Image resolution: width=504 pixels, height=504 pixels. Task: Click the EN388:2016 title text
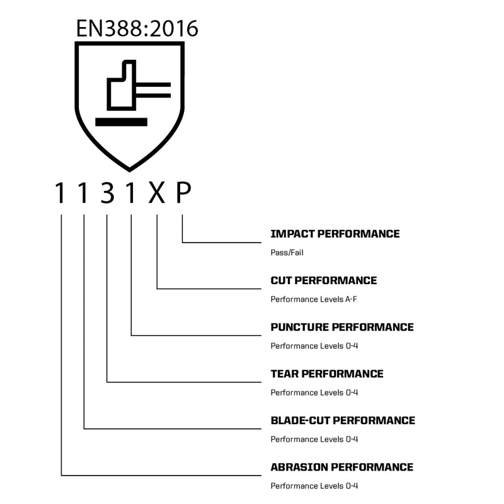[137, 28]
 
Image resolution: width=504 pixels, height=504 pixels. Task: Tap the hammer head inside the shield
[122, 85]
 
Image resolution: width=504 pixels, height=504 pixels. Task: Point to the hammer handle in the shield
[153, 90]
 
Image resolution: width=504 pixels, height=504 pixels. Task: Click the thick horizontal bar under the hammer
[121, 122]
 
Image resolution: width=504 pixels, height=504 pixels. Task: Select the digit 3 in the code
[107, 193]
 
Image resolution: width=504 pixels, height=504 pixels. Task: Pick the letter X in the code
[156, 193]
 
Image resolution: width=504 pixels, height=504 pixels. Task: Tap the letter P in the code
[183, 193]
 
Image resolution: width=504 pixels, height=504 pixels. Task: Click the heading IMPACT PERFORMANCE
[335, 234]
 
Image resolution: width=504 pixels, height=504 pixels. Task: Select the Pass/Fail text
[287, 253]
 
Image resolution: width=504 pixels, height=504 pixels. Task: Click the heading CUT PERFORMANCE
[324, 280]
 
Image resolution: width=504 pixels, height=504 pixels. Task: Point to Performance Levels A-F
[314, 299]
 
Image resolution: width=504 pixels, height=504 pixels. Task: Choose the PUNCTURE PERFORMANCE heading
[342, 327]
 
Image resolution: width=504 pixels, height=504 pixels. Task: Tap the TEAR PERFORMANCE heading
[327, 374]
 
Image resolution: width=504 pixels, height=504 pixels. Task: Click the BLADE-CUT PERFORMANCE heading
[343, 420]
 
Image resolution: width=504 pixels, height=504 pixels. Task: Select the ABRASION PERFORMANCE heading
[342, 467]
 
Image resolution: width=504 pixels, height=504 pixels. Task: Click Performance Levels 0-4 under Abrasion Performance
[314, 486]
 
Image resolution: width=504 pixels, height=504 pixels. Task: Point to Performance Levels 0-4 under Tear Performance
[314, 392]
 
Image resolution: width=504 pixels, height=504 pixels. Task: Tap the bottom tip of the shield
[130, 171]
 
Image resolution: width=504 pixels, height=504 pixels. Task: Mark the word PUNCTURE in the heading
[300, 327]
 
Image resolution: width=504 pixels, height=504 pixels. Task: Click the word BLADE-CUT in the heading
[301, 420]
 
